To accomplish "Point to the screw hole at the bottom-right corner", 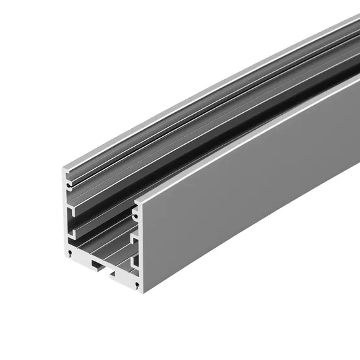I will pos(137,283).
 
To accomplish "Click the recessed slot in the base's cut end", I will pos(104,267).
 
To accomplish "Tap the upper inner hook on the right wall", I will pos(133,238).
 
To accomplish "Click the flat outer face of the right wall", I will pos(246,195).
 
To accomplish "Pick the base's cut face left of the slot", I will pos(81,259).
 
